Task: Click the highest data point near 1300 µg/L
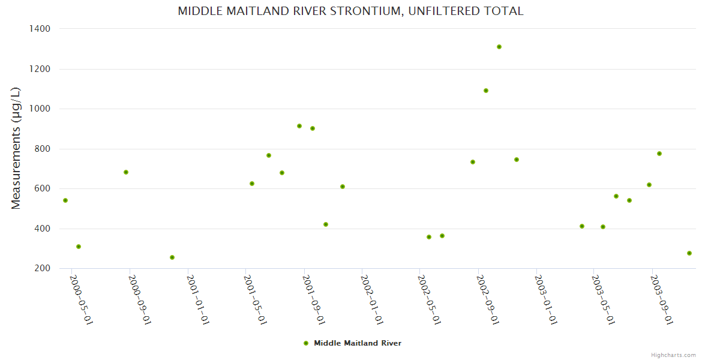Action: point(499,47)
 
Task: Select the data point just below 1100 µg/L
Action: point(486,91)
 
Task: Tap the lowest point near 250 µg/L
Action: point(172,257)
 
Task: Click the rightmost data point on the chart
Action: point(689,253)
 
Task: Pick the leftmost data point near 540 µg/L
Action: point(65,200)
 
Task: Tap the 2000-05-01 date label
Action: point(82,300)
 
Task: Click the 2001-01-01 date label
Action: point(198,300)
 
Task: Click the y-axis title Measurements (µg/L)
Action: point(16,148)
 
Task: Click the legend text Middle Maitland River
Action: point(358,343)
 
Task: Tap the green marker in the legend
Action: point(306,343)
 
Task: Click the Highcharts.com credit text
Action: point(673,355)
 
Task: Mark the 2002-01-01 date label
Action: point(373,300)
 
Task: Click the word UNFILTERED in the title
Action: point(439,11)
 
